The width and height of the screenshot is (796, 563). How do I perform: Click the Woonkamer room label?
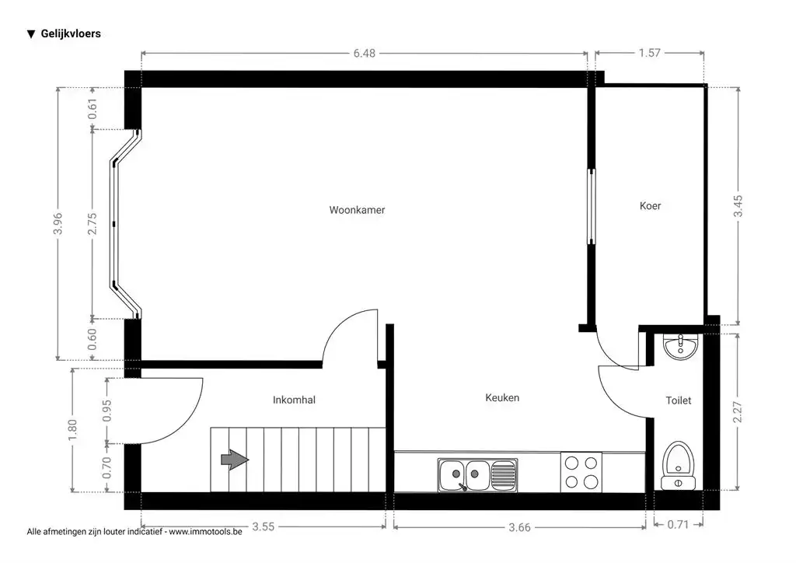point(357,210)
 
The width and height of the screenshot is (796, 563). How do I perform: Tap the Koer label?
point(650,206)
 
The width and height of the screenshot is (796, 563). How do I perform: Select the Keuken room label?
point(502,398)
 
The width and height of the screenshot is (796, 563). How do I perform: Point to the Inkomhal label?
point(294,400)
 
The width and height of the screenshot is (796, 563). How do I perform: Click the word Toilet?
point(678,401)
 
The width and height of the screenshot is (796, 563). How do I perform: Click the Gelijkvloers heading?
point(70,34)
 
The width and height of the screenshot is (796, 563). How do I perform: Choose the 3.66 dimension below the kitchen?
point(520,527)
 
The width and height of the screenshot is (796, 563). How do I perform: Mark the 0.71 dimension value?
point(679,525)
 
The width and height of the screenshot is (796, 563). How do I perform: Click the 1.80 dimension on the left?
point(72,430)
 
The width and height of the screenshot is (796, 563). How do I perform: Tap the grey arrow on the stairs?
point(235,460)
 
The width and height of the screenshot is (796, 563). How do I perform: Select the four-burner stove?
point(581,472)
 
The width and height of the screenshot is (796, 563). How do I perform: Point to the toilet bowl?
point(679,465)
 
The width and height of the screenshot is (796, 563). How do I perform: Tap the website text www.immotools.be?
point(205,533)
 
